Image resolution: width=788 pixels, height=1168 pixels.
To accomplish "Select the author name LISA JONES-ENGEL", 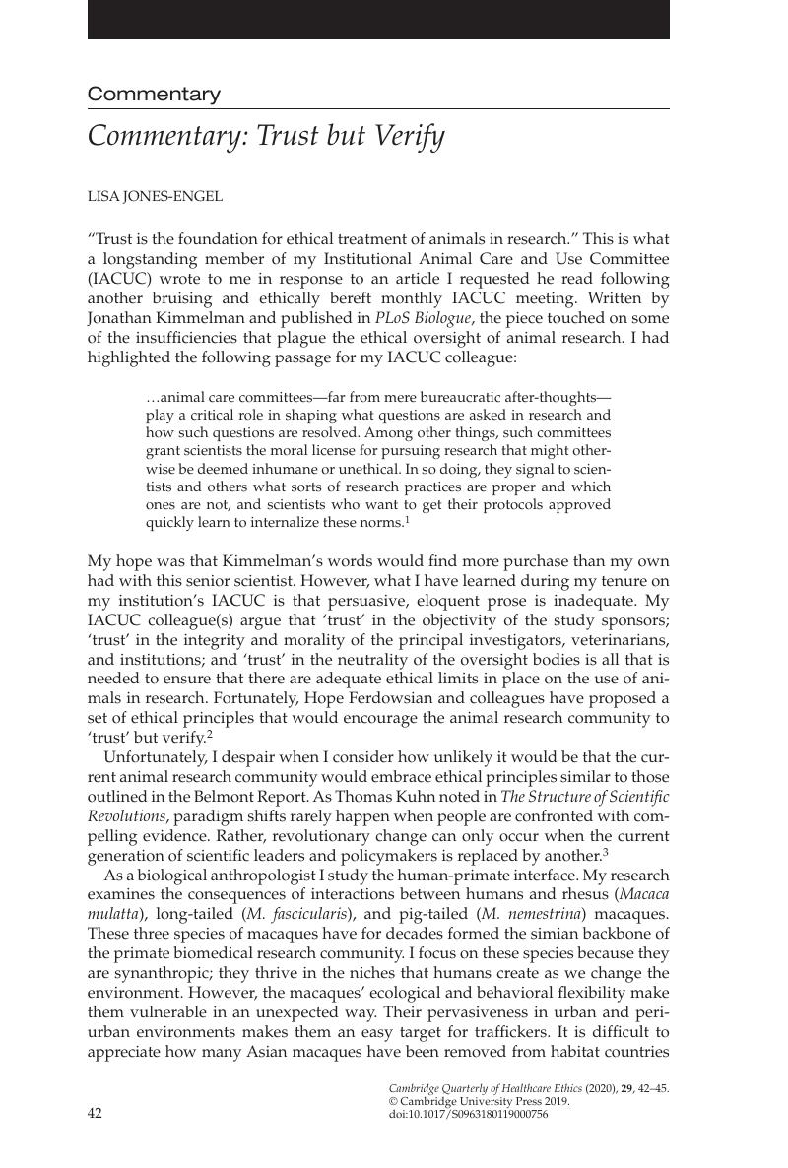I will coord(155,196).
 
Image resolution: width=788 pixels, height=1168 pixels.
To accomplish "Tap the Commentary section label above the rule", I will coord(154,95).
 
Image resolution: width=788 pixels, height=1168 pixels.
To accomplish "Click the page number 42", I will coord(96,1114).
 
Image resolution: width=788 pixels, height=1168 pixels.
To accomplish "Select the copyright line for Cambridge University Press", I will coord(480,1102).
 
